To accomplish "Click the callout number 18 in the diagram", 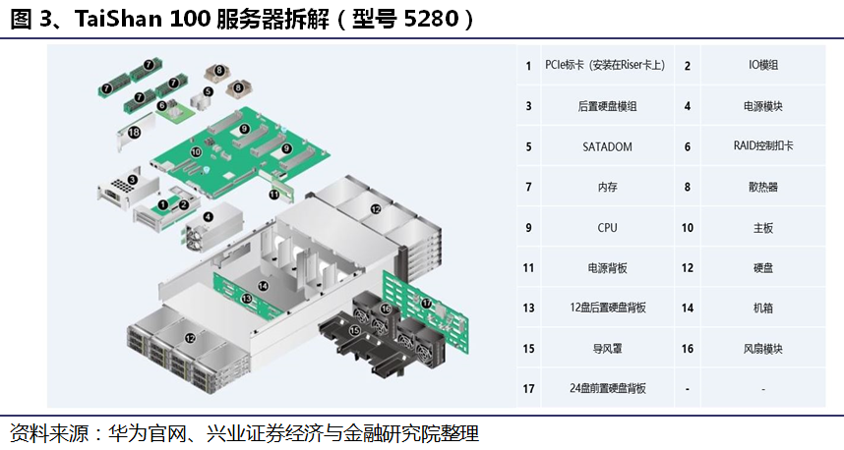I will pos(134,132).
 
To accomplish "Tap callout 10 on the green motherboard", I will pos(196,153).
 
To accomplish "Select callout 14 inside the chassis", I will pos(263,286).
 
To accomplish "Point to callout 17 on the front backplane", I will pos(427,304).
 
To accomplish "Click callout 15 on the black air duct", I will pos(355,331).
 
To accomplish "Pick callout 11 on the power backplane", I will pos(274,195).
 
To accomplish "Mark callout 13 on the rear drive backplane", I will pos(246,296).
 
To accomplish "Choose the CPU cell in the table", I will pos(607,227).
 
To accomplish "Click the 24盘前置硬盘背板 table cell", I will pos(607,388).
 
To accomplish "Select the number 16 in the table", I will pos(687,348).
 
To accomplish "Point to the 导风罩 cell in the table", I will pos(607,348).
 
